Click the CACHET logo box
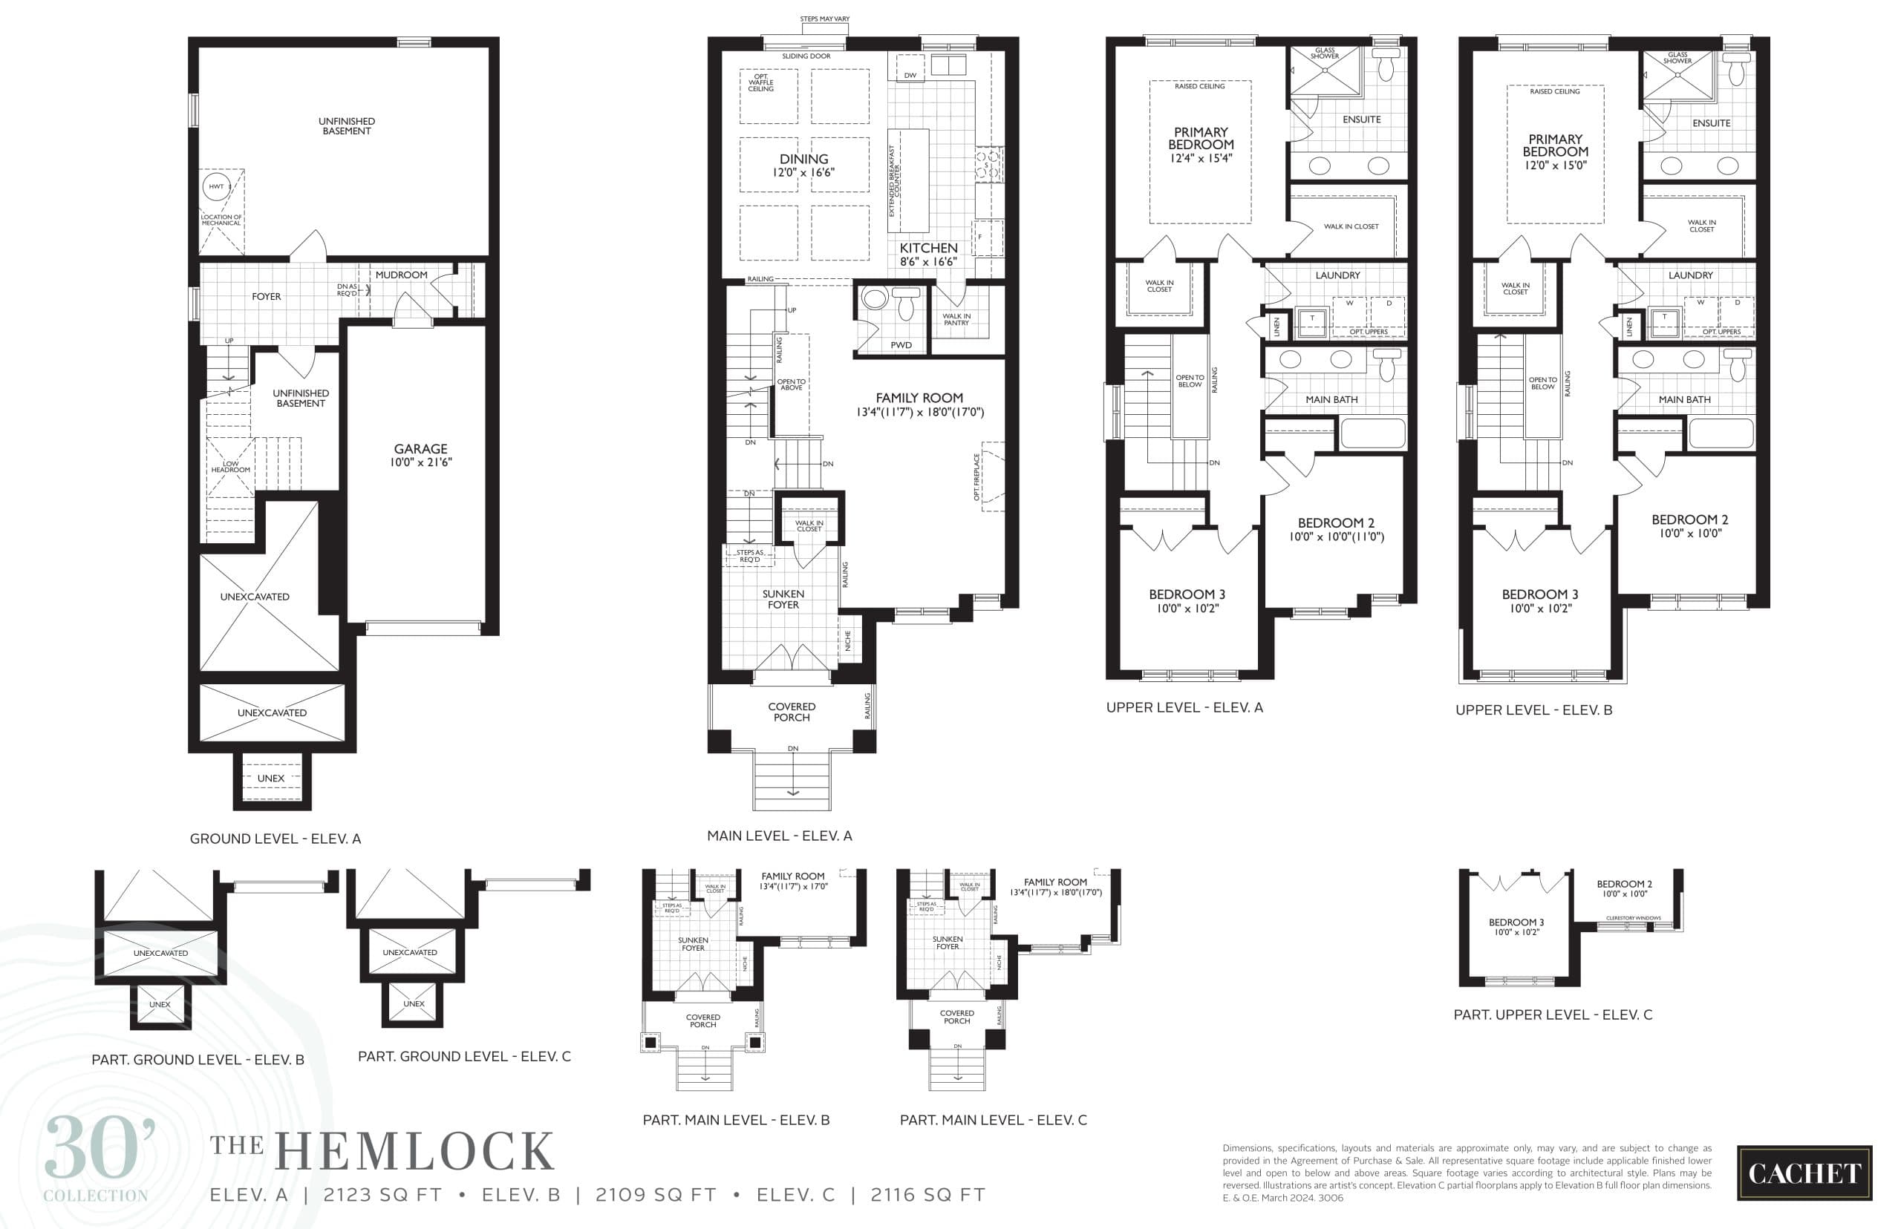pos(1804,1173)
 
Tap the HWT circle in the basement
pos(216,186)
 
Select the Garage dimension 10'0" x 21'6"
pos(421,462)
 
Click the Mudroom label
pos(401,275)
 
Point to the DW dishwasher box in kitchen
pos(910,75)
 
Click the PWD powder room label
pos(901,345)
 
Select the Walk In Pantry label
pos(956,319)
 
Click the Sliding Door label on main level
pos(806,56)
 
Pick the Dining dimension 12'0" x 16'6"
pos(803,172)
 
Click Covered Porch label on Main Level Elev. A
pos(792,712)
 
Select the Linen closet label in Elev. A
pos(1276,327)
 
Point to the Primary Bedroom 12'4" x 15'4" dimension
pos(1201,158)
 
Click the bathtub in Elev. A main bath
pos(1372,434)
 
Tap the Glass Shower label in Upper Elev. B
pos(1677,57)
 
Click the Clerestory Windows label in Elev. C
pos(1633,918)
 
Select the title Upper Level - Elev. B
pos(1533,709)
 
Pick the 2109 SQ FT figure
pos(656,1195)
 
